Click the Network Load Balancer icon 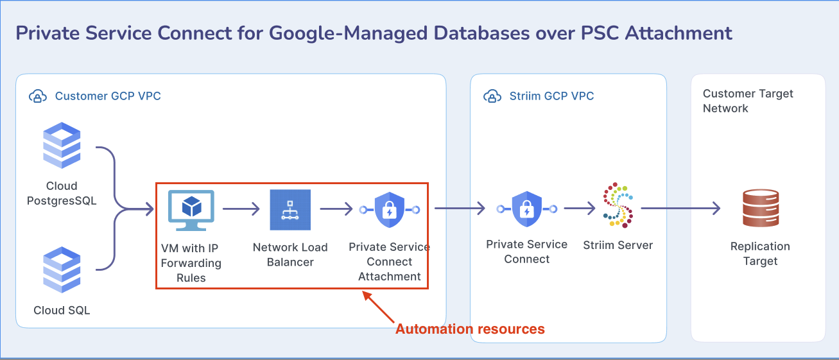[x=290, y=210]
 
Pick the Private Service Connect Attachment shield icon [x=390, y=210]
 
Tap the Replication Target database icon [x=761, y=208]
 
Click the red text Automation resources [x=470, y=329]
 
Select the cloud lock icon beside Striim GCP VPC [x=492, y=96]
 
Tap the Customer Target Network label [x=748, y=101]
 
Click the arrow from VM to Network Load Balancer [x=241, y=209]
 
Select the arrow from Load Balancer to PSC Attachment [x=336, y=209]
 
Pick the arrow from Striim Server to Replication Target [x=681, y=208]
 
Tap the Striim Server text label [x=618, y=245]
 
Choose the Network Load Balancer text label [x=290, y=255]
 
